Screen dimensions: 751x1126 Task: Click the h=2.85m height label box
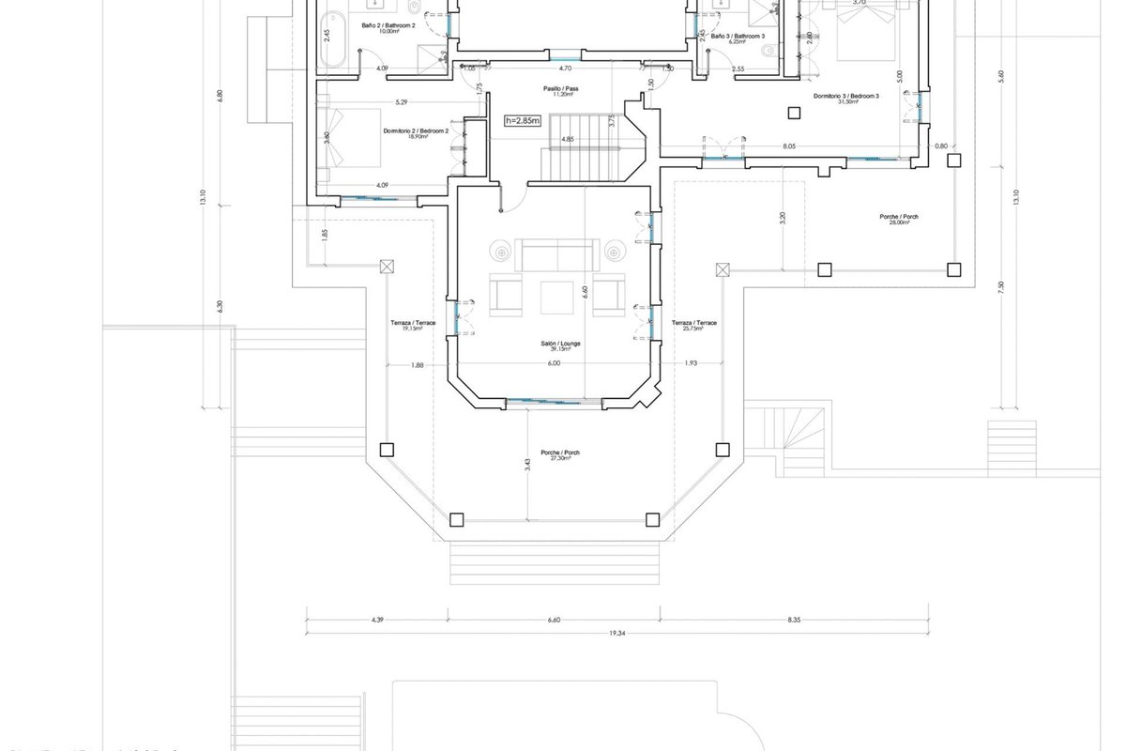pos(523,120)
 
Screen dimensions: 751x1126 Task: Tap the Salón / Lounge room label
pos(565,345)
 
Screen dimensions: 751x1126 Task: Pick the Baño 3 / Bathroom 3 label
pos(738,38)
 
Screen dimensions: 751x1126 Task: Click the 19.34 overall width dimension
pos(616,634)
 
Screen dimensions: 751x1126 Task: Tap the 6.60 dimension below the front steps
pos(554,620)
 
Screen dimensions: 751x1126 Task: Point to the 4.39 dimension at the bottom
pos(377,620)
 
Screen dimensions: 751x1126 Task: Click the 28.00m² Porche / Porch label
pos(899,219)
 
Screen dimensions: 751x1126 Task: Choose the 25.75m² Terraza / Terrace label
pos(694,325)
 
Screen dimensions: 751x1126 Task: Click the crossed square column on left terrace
pos(385,267)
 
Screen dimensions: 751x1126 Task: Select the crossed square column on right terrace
pos(722,270)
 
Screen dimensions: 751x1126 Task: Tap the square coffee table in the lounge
pos(558,297)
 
